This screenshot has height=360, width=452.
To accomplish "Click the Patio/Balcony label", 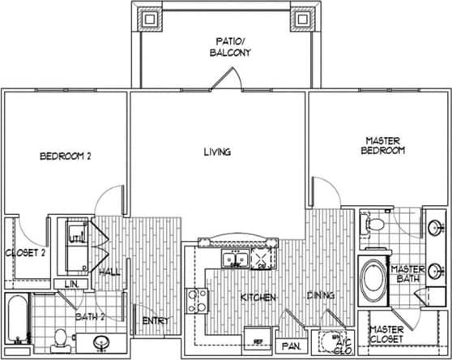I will click(x=232, y=45).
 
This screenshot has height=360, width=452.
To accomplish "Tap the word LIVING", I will click(x=218, y=152).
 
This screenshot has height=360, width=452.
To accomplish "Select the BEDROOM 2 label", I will click(x=65, y=156).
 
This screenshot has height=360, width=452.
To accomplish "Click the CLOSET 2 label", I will click(x=25, y=252).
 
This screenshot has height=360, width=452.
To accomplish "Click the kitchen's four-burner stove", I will click(x=197, y=301).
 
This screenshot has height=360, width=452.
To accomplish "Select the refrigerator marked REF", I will click(x=258, y=339).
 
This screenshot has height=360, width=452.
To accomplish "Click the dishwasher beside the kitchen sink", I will click(x=265, y=259).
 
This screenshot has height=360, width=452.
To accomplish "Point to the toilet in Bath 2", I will click(x=58, y=339).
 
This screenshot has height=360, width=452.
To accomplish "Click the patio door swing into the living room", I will click(x=224, y=79).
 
